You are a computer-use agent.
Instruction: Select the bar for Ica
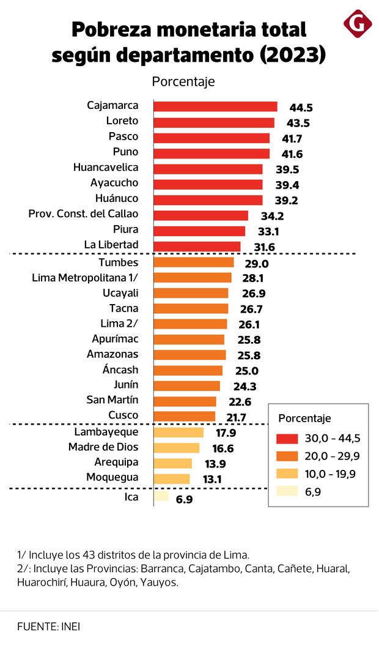pos(161,496)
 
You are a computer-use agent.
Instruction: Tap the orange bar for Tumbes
pos(193,262)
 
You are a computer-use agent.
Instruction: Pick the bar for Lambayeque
pos(178,433)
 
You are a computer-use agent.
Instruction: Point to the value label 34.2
pos(272,216)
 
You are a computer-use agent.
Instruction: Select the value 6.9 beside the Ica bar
pos(184,500)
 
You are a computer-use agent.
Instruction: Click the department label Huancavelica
pos(105,167)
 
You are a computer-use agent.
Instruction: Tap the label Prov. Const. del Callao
pos(83,214)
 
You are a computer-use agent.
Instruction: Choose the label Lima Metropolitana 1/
pos(85,278)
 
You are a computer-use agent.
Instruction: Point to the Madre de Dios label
pos(103,447)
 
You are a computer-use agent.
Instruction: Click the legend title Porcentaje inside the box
pos(304,418)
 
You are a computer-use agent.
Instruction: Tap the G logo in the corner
pos(358,23)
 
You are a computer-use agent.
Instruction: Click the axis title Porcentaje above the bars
pos(183,81)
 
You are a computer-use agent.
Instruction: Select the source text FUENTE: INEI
pos(49,627)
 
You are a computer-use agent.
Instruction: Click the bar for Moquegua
pos(171,478)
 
